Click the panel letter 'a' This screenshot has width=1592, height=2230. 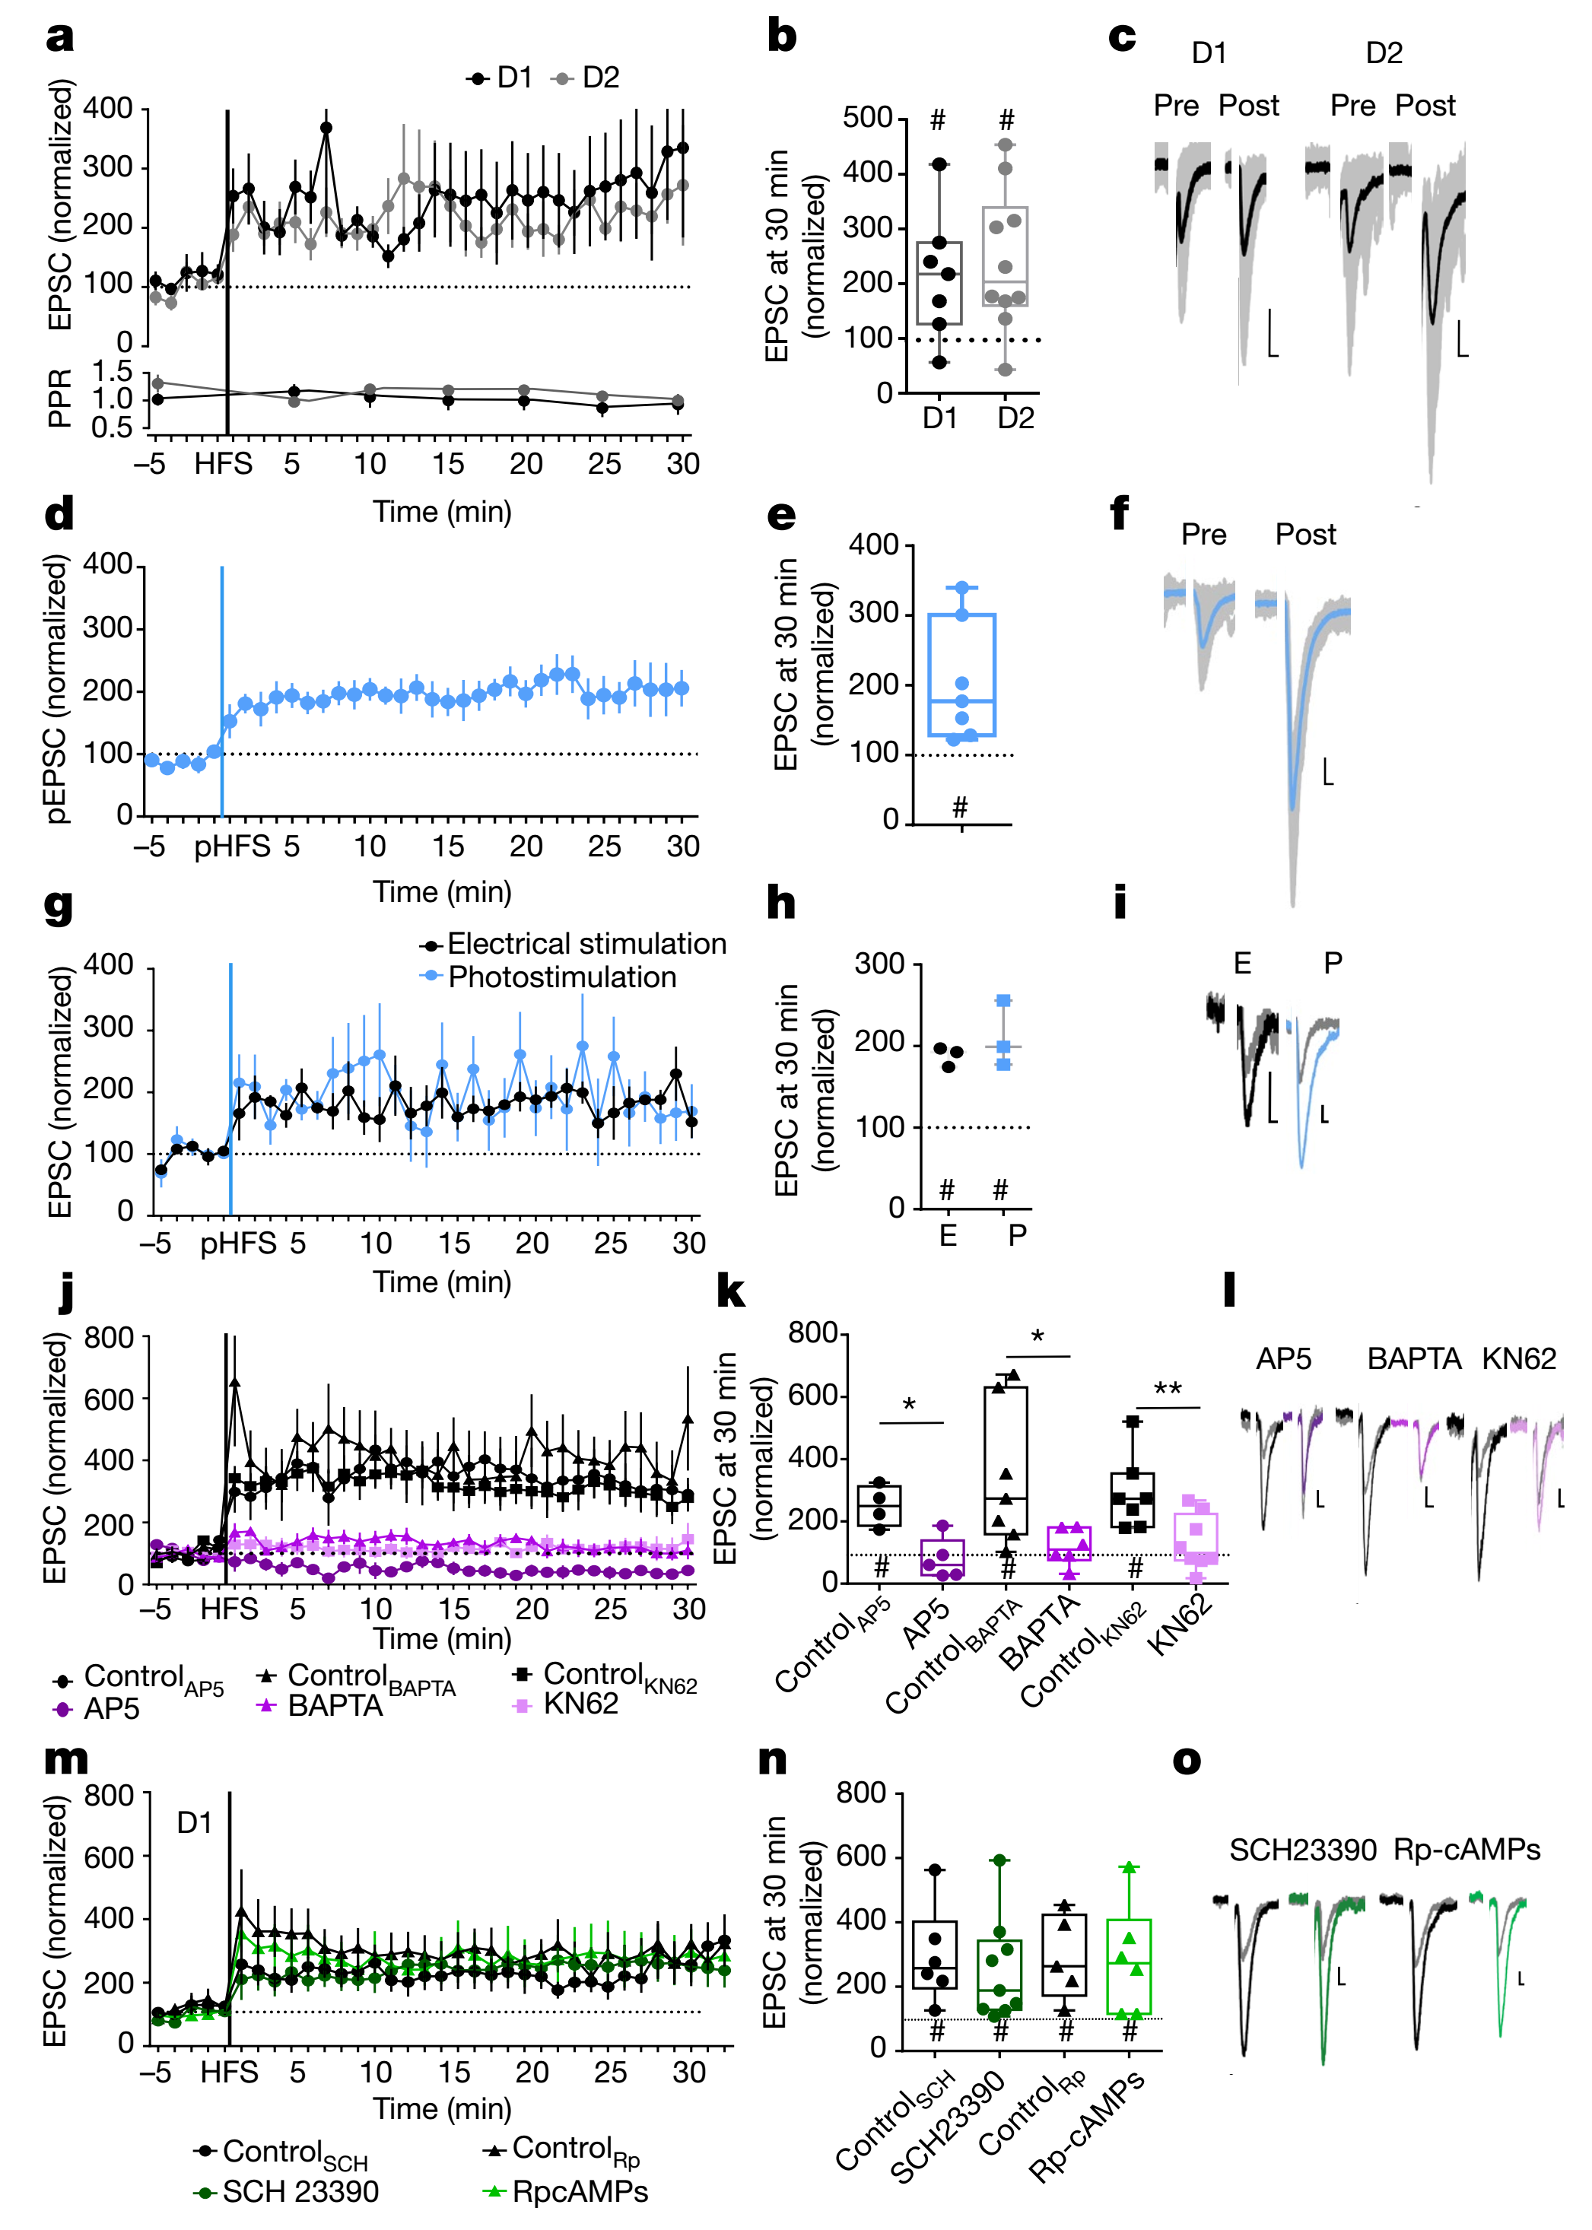click(60, 37)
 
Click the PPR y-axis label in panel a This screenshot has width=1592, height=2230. click(59, 398)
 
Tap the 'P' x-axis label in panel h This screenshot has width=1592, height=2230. click(1018, 1235)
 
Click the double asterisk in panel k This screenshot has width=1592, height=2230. click(1168, 1389)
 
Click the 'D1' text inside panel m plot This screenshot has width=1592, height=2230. click(194, 1822)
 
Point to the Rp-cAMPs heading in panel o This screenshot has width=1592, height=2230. click(1466, 1850)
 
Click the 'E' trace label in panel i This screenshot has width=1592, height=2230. click(1242, 964)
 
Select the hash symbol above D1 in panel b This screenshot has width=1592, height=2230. click(938, 121)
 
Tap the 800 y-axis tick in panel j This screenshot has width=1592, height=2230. click(109, 1338)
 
